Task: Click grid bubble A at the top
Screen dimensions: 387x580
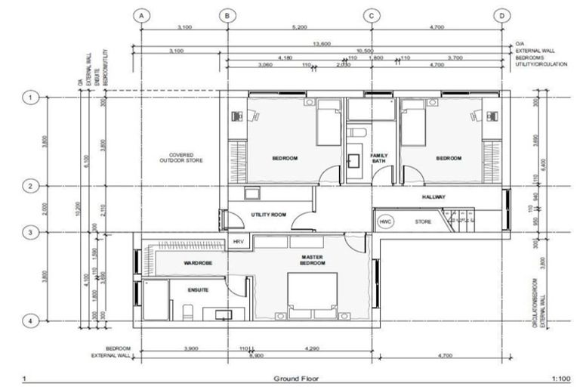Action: click(x=141, y=14)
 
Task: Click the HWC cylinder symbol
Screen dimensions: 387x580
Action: click(x=385, y=221)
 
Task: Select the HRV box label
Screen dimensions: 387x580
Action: click(x=239, y=241)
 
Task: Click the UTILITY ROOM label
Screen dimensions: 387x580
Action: click(x=268, y=215)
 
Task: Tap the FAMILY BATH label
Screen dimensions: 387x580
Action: click(x=378, y=159)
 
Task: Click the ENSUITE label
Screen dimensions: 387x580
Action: click(x=199, y=289)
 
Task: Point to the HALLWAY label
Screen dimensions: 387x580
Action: click(x=433, y=197)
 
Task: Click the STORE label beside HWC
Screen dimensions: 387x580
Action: click(x=423, y=221)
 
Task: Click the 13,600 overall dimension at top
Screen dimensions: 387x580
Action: click(x=321, y=44)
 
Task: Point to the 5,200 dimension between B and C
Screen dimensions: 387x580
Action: click(x=299, y=26)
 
